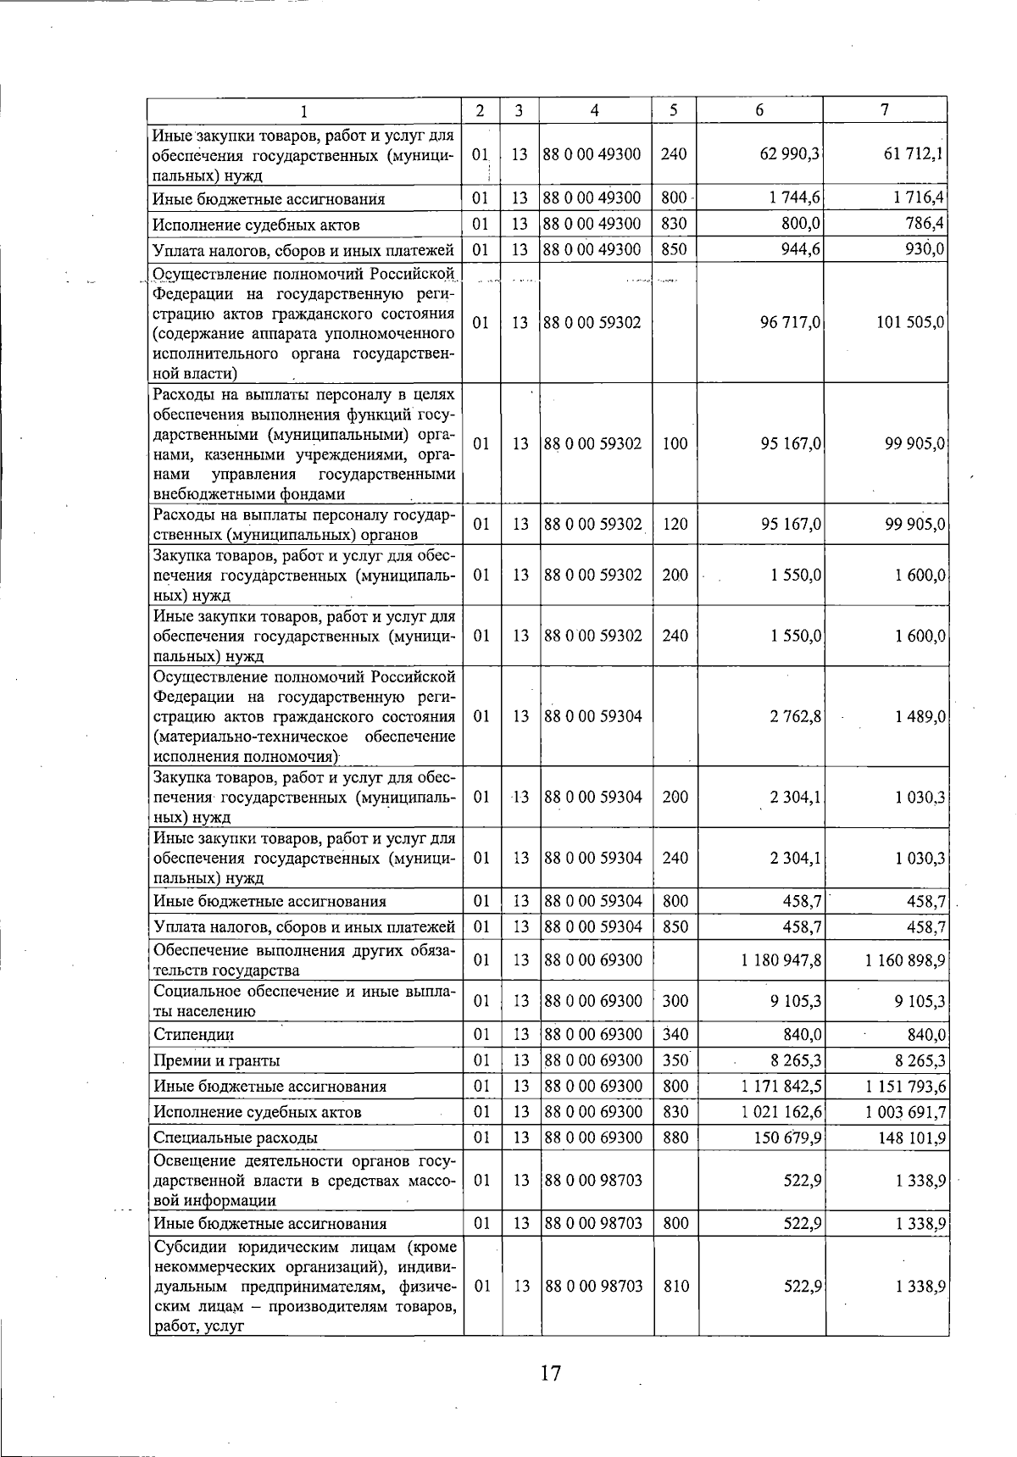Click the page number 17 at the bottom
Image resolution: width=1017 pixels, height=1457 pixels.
(550, 1374)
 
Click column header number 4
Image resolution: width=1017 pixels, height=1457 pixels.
(595, 110)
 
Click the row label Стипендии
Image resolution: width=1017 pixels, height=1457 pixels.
(193, 1035)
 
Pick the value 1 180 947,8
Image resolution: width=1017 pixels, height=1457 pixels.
(781, 960)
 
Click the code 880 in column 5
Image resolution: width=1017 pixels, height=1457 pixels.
(675, 1137)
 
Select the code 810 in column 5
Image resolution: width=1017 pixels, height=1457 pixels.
(675, 1286)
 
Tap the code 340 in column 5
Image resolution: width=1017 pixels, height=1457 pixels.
(675, 1035)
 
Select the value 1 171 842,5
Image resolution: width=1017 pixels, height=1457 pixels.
(781, 1087)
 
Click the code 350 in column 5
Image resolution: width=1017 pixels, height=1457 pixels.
(675, 1061)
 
